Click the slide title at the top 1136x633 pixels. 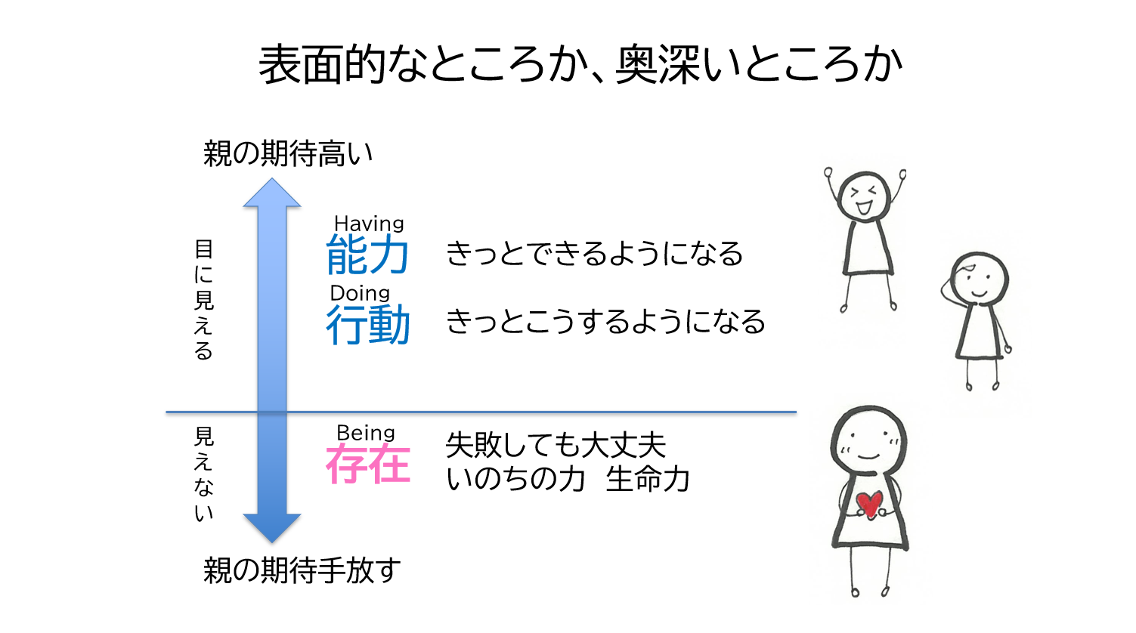pyautogui.click(x=580, y=64)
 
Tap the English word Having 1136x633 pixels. pyautogui.click(x=369, y=224)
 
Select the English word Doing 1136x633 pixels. pyautogui.click(x=360, y=293)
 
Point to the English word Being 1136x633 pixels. pyautogui.click(x=365, y=433)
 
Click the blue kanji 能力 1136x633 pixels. pyautogui.click(x=367, y=255)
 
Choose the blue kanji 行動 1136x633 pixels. pyautogui.click(x=367, y=324)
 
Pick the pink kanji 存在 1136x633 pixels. pyautogui.click(x=367, y=464)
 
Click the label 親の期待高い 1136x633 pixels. pyautogui.click(x=287, y=153)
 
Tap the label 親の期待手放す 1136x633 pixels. pyautogui.click(x=302, y=570)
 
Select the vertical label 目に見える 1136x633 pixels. pyautogui.click(x=204, y=300)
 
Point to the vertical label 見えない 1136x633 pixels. pyautogui.click(x=204, y=474)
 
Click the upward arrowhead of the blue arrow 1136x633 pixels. pyautogui.click(x=272, y=193)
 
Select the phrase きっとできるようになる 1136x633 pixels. pyautogui.click(x=594, y=253)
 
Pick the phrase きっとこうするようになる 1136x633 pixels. pyautogui.click(x=605, y=321)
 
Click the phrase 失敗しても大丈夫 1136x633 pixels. pyautogui.click(x=556, y=445)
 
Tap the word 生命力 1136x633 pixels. pyautogui.click(x=648, y=479)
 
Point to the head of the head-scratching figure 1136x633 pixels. pyautogui.click(x=980, y=279)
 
